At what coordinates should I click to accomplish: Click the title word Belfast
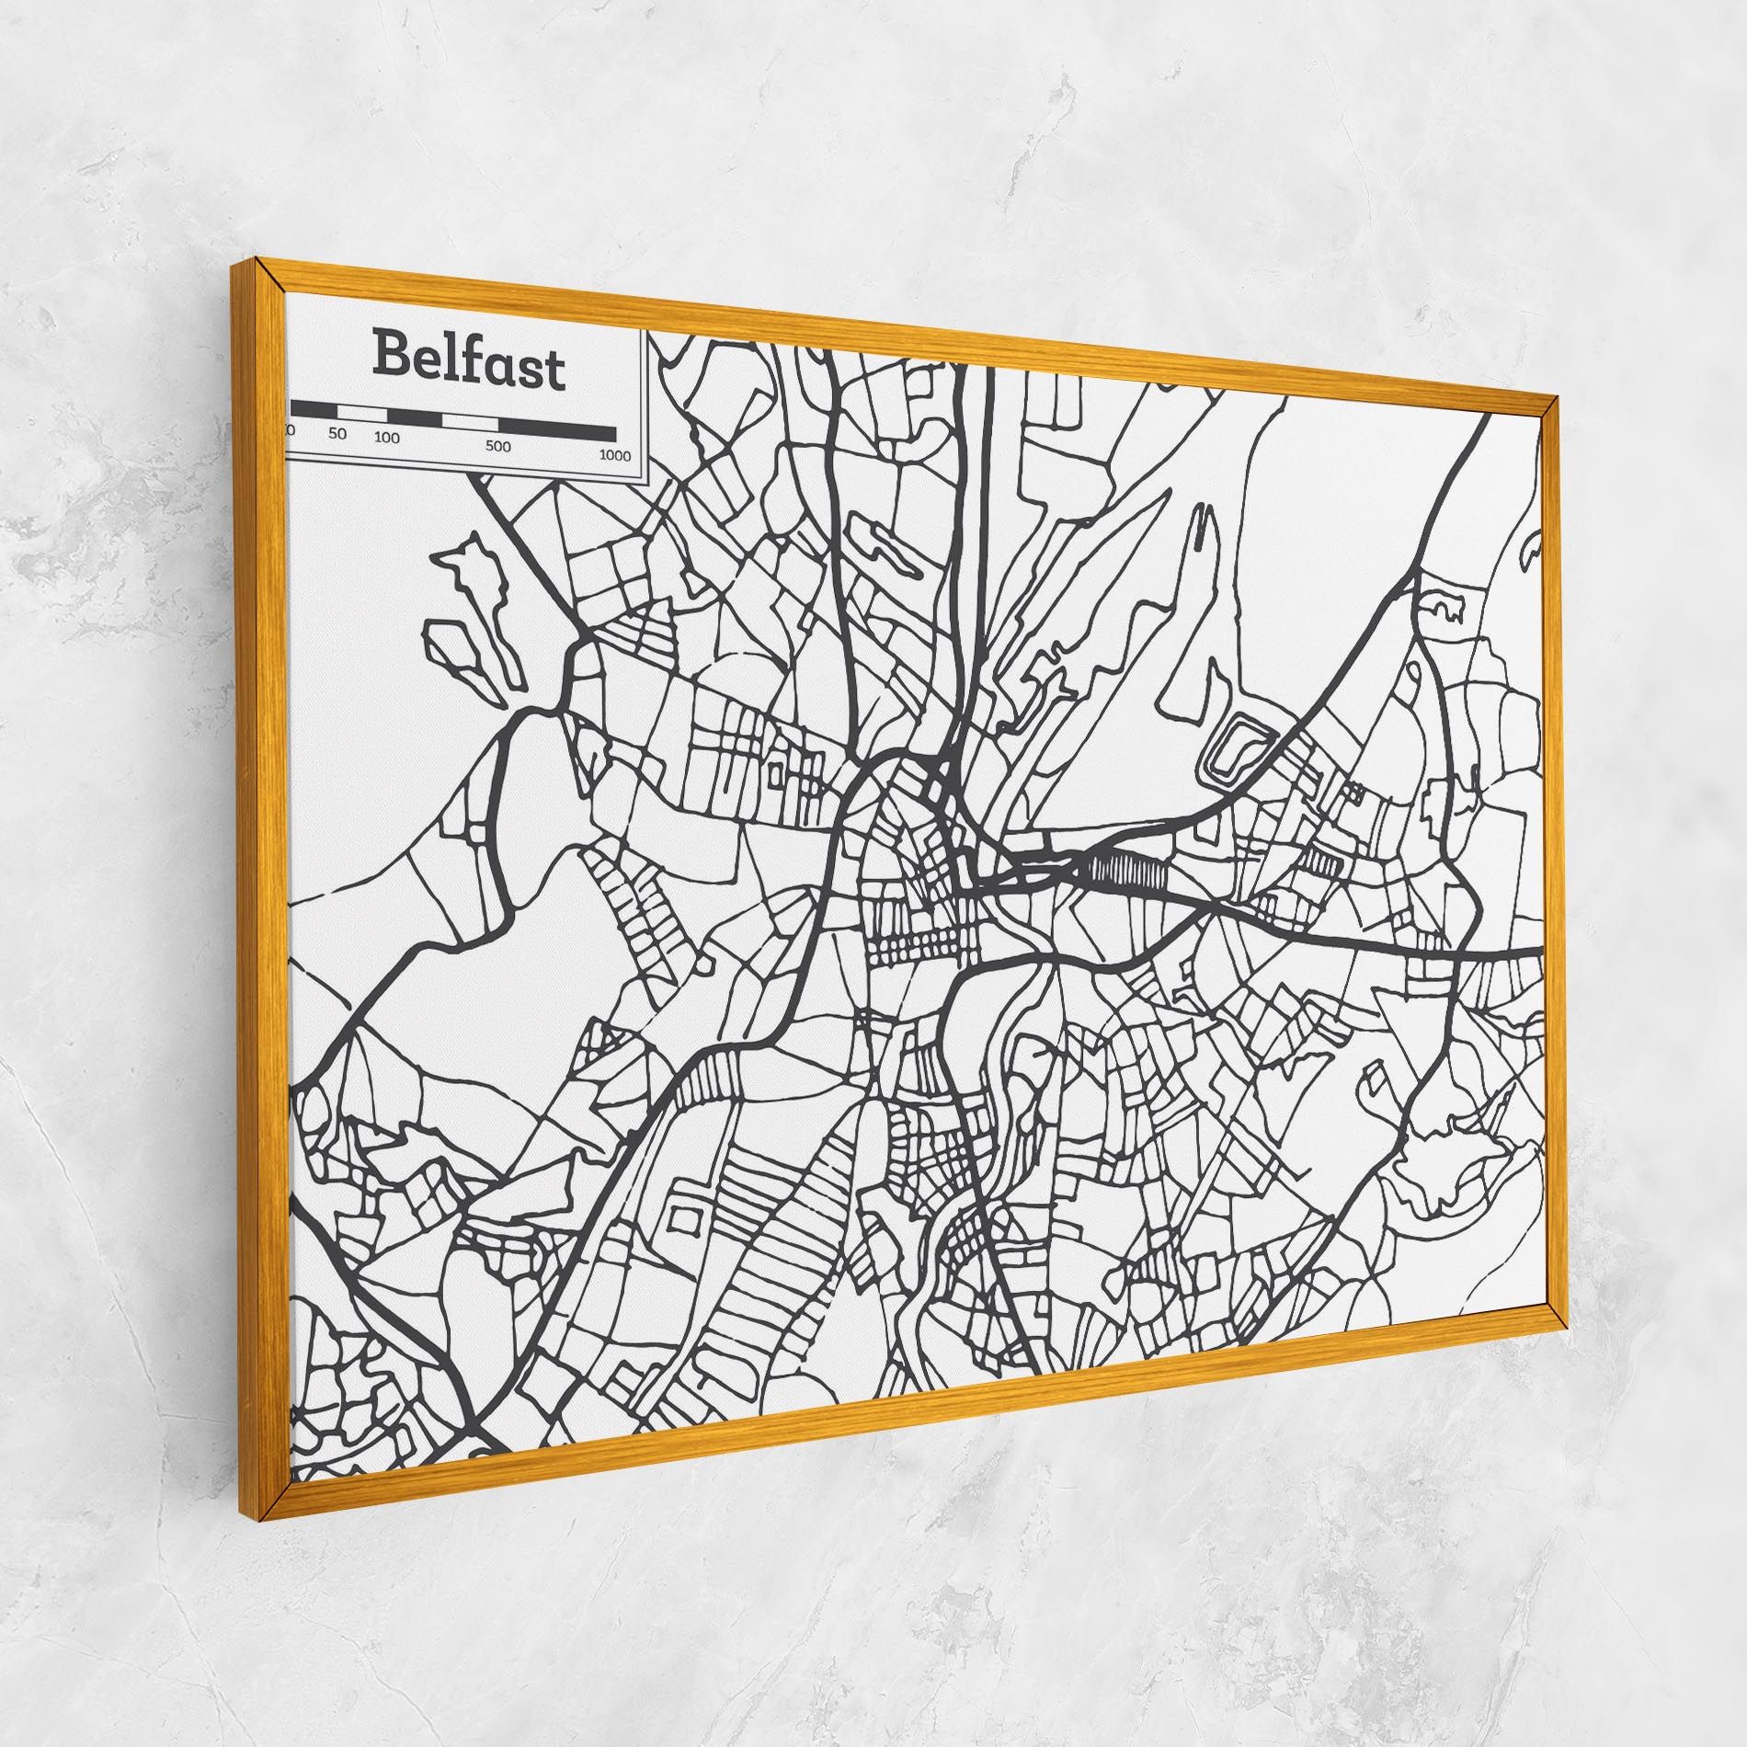468,361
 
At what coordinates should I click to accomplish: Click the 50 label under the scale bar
338,433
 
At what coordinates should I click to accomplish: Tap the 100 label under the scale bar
387,438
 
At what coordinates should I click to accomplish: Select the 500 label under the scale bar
497,447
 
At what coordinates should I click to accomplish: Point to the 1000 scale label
614,455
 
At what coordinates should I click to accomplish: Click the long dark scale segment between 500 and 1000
557,429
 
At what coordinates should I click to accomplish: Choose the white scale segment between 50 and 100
362,413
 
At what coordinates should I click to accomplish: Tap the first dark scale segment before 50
314,409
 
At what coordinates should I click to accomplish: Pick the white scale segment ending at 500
470,421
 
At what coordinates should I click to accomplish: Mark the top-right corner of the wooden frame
1555,397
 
